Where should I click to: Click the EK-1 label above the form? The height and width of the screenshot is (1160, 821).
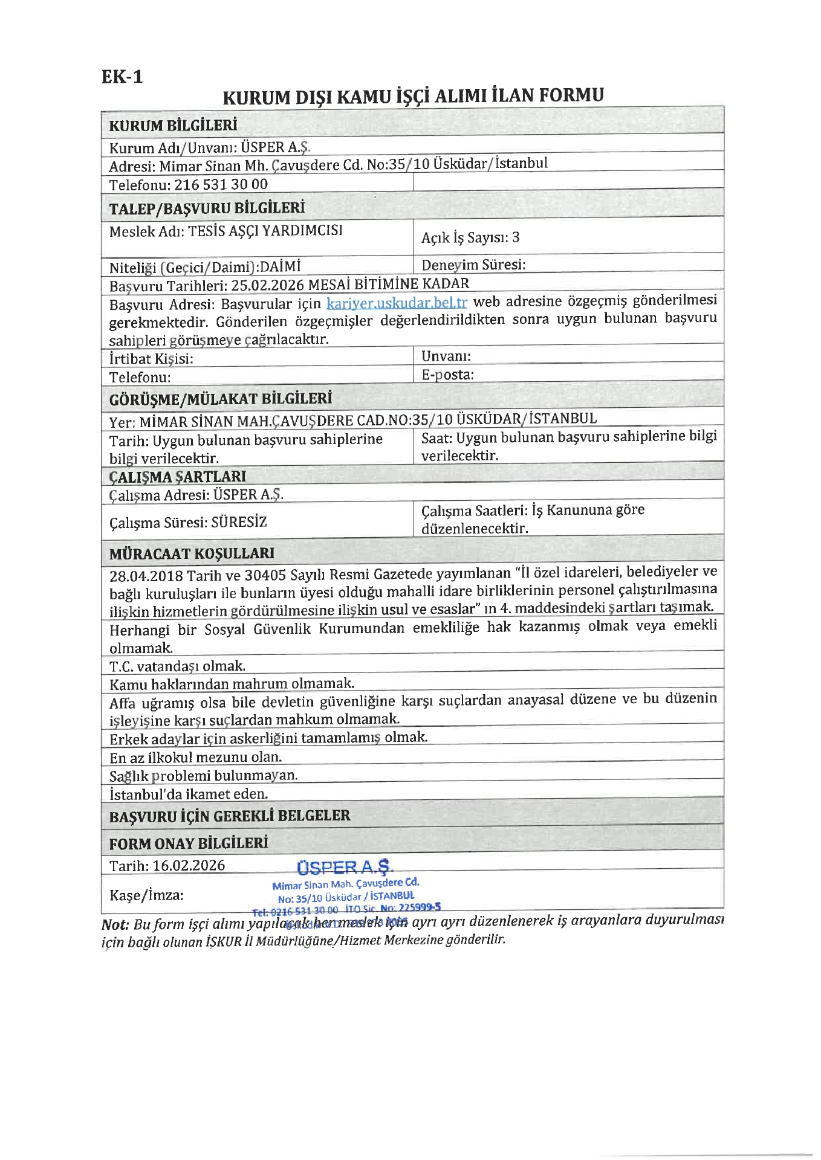click(x=122, y=77)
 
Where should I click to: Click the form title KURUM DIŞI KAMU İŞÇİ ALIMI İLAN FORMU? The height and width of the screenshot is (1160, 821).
click(x=413, y=96)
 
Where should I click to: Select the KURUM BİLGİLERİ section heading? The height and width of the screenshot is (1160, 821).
click(x=173, y=126)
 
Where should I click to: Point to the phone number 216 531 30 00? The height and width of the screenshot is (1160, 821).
click(x=221, y=184)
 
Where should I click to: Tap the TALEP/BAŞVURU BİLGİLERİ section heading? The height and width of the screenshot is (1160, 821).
click(x=207, y=208)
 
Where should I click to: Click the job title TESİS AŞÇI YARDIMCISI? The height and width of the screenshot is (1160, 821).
click(x=265, y=231)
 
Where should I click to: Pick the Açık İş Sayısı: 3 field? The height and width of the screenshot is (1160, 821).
click(x=470, y=237)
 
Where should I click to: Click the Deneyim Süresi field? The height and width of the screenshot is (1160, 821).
click(x=473, y=265)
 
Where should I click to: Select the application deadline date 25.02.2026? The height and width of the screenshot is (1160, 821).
click(x=267, y=285)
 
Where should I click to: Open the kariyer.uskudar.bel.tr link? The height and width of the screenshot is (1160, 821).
click(x=397, y=303)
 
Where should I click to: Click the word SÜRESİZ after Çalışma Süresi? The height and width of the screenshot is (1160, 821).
click(x=239, y=522)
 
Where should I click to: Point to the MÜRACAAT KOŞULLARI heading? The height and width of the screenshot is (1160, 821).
click(x=192, y=553)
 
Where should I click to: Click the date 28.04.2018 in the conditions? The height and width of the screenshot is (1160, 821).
click(x=146, y=575)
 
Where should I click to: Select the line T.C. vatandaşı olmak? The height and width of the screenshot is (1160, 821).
click(x=177, y=666)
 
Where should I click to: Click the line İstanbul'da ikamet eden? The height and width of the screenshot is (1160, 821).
click(x=189, y=794)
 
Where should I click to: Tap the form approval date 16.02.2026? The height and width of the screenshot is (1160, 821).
click(x=189, y=865)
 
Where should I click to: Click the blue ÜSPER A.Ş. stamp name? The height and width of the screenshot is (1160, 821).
click(x=344, y=868)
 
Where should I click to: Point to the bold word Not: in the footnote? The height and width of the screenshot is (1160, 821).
click(x=115, y=924)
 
